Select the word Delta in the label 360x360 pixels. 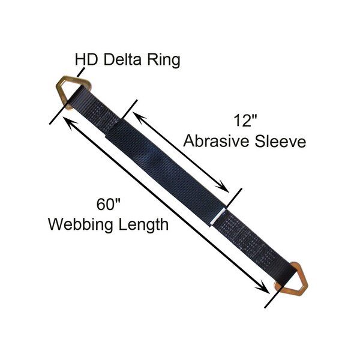pyautogui.click(x=122, y=60)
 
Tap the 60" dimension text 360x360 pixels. pyautogui.click(x=108, y=204)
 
